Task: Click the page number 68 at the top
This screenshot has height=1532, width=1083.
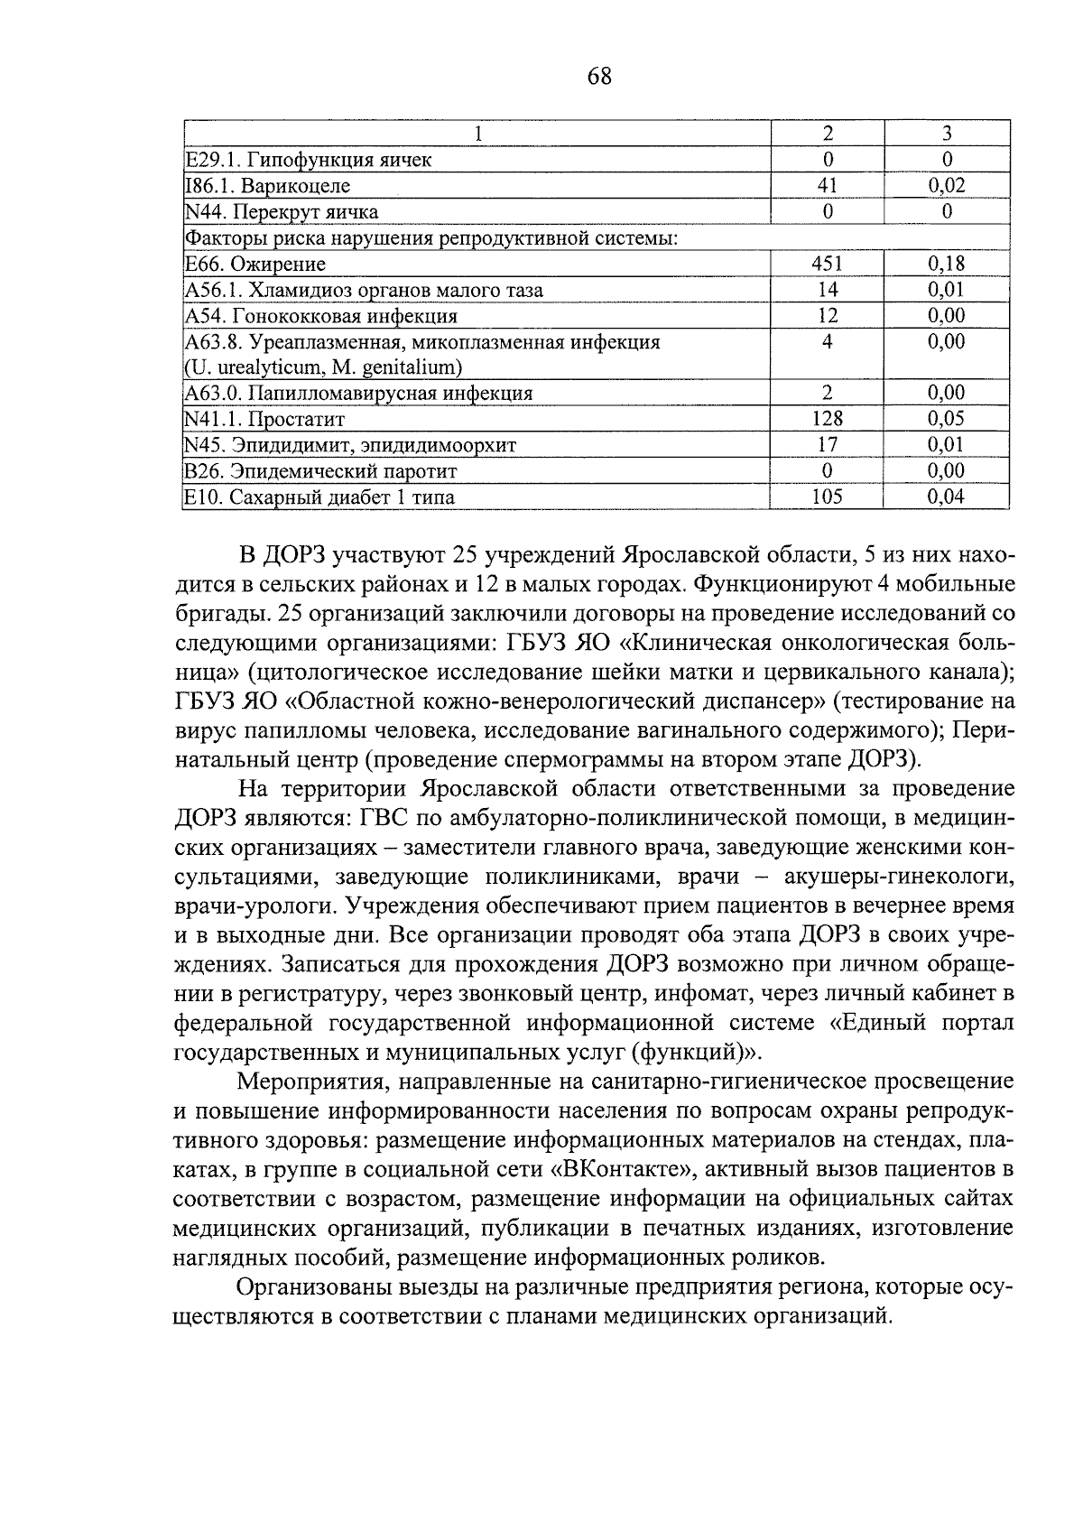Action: pyautogui.click(x=598, y=78)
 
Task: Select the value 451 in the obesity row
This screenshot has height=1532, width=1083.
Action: pyautogui.click(x=827, y=264)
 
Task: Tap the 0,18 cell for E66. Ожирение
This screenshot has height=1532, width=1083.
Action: pyautogui.click(x=946, y=264)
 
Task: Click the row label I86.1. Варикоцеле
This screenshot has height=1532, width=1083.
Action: pyautogui.click(x=267, y=186)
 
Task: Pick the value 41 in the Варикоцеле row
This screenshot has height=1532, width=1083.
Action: pyautogui.click(x=827, y=186)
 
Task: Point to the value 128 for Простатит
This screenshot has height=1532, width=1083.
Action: pyautogui.click(x=827, y=419)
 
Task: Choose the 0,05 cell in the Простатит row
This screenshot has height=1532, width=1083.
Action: pyautogui.click(x=946, y=419)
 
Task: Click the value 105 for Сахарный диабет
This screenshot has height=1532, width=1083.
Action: pyautogui.click(x=827, y=497)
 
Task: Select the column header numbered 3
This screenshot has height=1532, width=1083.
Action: pyautogui.click(x=947, y=134)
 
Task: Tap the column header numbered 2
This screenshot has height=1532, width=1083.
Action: pyautogui.click(x=828, y=134)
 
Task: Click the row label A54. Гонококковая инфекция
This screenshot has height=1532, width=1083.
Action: pyautogui.click(x=320, y=316)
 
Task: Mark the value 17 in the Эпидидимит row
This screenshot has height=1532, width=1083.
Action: pyautogui.click(x=827, y=445)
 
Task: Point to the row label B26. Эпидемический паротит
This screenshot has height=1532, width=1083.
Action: pyautogui.click(x=320, y=471)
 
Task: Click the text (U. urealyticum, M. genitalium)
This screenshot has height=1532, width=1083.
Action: pyautogui.click(x=323, y=367)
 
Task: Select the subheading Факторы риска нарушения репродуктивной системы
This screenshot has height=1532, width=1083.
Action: pyautogui.click(x=430, y=238)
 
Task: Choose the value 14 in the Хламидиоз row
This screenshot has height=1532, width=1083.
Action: pyautogui.click(x=827, y=290)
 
